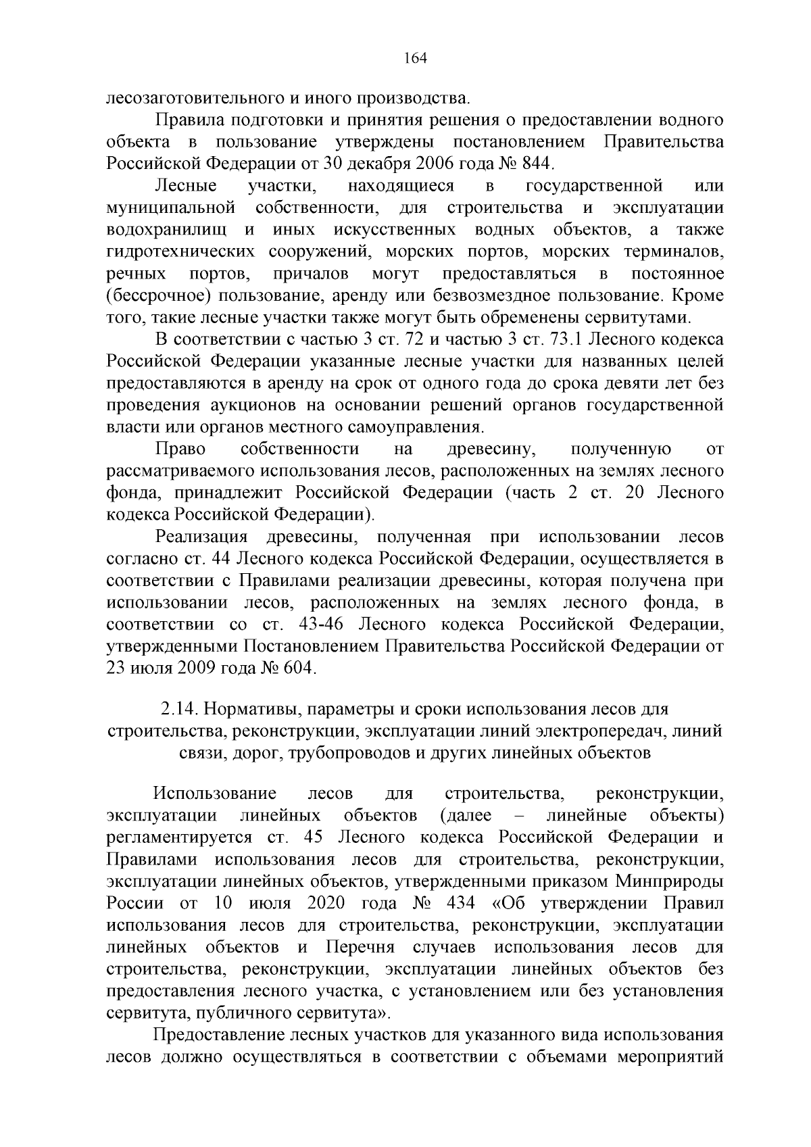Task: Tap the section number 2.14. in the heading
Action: [x=178, y=710]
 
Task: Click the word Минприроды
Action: [x=669, y=882]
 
